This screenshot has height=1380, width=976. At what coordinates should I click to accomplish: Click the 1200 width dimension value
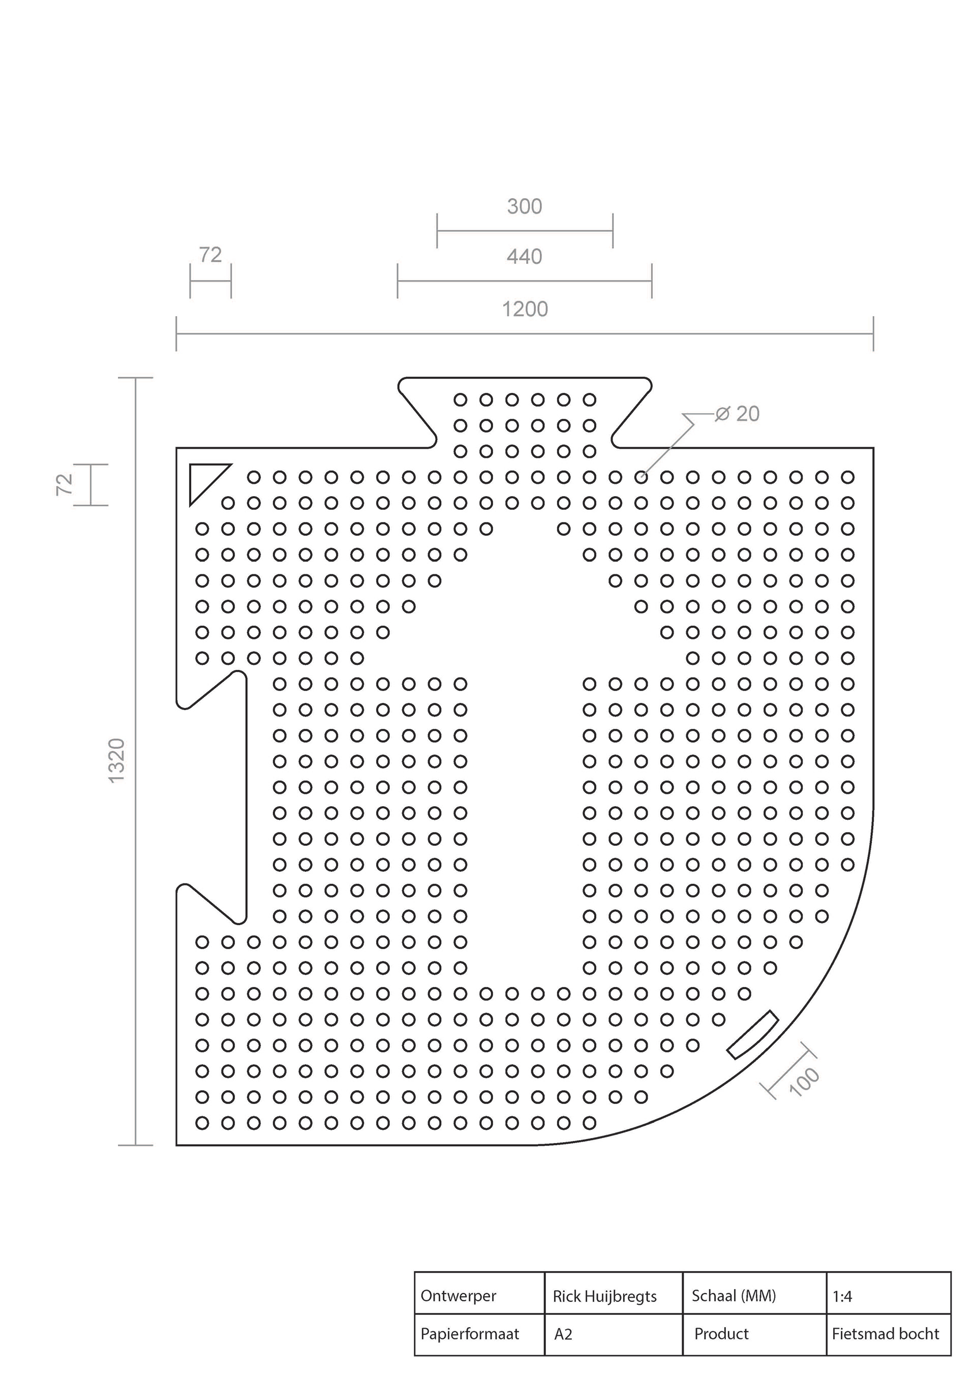point(525,310)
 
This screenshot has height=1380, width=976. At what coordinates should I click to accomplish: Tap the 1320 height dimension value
point(116,760)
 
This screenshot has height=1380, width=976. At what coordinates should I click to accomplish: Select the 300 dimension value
point(525,207)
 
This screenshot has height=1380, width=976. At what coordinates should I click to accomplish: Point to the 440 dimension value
point(525,257)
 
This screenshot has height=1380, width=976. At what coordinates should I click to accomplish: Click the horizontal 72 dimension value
point(210,255)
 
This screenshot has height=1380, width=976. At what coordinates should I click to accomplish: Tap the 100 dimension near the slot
point(804,1082)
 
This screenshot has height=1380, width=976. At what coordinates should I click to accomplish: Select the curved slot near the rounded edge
point(752,1034)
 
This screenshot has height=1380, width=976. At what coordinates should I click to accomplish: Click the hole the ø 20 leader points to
point(641,477)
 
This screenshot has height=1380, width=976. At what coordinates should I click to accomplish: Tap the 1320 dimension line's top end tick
point(136,378)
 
